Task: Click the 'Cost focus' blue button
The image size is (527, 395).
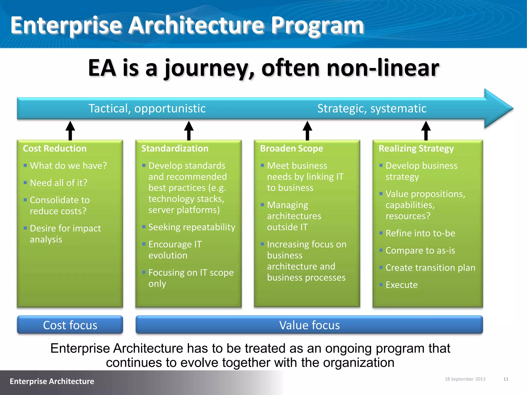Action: [70, 325]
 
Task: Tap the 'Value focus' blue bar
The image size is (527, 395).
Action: [309, 325]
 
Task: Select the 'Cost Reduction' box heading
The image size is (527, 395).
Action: [55, 148]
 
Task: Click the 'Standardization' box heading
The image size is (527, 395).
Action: [175, 148]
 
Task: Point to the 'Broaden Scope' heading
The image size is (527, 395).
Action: [292, 148]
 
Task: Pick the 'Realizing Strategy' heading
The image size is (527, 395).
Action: [416, 148]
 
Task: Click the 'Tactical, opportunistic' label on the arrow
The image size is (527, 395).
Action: [147, 108]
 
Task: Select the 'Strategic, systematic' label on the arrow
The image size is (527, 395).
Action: [372, 108]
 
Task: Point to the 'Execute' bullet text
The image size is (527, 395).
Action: [401, 285]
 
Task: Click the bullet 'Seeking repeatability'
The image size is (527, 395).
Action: [192, 227]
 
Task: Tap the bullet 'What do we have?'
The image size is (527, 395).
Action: [68, 166]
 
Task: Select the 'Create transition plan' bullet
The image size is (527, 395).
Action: [430, 268]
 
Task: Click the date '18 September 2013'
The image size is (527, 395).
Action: [465, 379]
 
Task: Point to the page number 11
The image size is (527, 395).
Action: [506, 379]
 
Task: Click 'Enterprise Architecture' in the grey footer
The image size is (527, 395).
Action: [52, 381]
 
